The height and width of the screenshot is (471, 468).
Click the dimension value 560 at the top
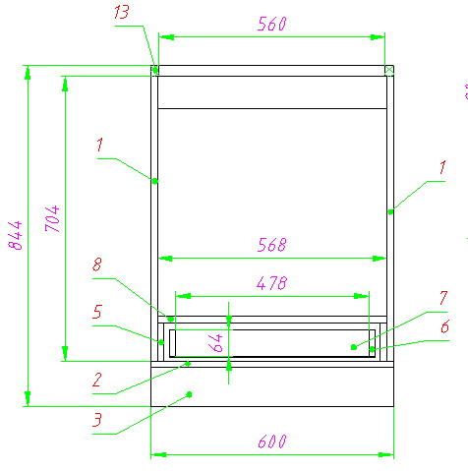(271, 24)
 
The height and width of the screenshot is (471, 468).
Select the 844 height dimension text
(16, 235)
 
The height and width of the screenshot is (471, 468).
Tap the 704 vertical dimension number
(52, 218)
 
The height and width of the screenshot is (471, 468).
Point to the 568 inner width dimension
(271, 245)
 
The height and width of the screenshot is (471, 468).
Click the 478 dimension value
(271, 283)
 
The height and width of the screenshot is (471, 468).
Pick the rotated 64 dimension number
(215, 343)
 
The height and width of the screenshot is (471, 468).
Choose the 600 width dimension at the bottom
(272, 442)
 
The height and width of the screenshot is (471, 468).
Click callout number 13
(122, 12)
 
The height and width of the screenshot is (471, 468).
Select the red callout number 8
(97, 265)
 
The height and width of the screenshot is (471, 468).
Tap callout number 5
(97, 312)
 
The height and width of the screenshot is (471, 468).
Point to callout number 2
(97, 380)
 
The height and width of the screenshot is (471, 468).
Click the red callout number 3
(97, 420)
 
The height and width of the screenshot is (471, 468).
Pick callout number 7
(443, 298)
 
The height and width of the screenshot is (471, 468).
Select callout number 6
(444, 326)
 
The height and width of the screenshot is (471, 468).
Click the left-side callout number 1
(100, 145)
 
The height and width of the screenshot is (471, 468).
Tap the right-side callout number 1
(442, 167)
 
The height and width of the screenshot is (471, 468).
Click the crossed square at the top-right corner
(389, 70)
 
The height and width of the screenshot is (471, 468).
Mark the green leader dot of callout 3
(189, 394)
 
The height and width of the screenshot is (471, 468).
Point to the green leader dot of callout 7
(354, 347)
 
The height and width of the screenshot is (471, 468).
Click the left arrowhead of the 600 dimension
(158, 454)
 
